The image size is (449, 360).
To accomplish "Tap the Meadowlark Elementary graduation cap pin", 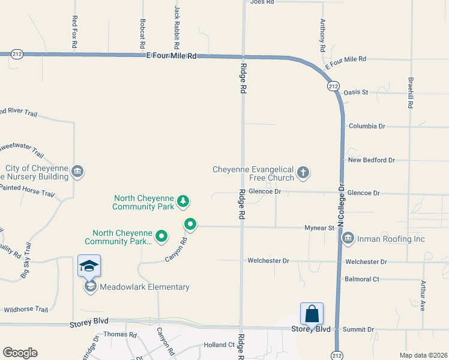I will [x=89, y=266].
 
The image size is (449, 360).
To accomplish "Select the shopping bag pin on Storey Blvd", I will [x=312, y=314].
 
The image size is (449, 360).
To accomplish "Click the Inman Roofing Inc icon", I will [x=348, y=239].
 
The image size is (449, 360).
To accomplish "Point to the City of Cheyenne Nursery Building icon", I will [x=77, y=172].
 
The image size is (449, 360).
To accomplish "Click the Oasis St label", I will [x=355, y=92].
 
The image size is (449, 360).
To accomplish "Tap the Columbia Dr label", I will [x=367, y=127].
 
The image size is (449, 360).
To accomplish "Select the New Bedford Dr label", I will [x=372, y=160].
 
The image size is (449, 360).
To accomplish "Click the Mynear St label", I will [x=319, y=228].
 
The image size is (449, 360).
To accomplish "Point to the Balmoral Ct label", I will [x=362, y=279].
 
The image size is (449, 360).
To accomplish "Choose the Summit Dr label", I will [x=358, y=330].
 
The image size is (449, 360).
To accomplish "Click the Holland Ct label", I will [x=219, y=345].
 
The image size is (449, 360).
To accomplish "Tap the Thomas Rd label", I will [x=120, y=334].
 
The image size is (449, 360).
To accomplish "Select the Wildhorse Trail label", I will [x=26, y=310].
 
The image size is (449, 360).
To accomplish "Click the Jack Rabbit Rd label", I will [x=176, y=28].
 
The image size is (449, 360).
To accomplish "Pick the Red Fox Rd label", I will [x=74, y=31].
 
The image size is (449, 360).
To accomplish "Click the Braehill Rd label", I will [x=411, y=92].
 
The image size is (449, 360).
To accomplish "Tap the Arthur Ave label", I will [x=423, y=296].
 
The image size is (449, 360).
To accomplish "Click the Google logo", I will [x=20, y=353].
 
